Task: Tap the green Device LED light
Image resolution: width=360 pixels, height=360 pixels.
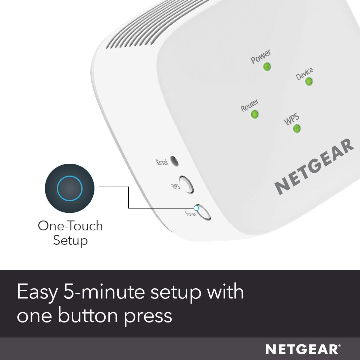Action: [308, 82]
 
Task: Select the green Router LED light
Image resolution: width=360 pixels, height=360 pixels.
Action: [254, 114]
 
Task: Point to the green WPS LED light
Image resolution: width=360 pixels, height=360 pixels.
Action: [296, 129]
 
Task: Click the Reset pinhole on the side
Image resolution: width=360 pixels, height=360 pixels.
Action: [174, 161]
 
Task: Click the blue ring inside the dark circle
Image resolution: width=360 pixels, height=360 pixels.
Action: [70, 188]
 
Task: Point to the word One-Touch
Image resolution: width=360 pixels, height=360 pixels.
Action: [70, 226]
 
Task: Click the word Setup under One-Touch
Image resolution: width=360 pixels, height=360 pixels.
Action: [70, 240]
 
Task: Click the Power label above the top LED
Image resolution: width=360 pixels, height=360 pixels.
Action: [260, 56]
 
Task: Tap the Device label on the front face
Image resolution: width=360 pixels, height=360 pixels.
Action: [304, 73]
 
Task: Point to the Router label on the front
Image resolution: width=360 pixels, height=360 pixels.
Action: [249, 105]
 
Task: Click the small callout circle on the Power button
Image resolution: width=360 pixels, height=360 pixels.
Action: [196, 208]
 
